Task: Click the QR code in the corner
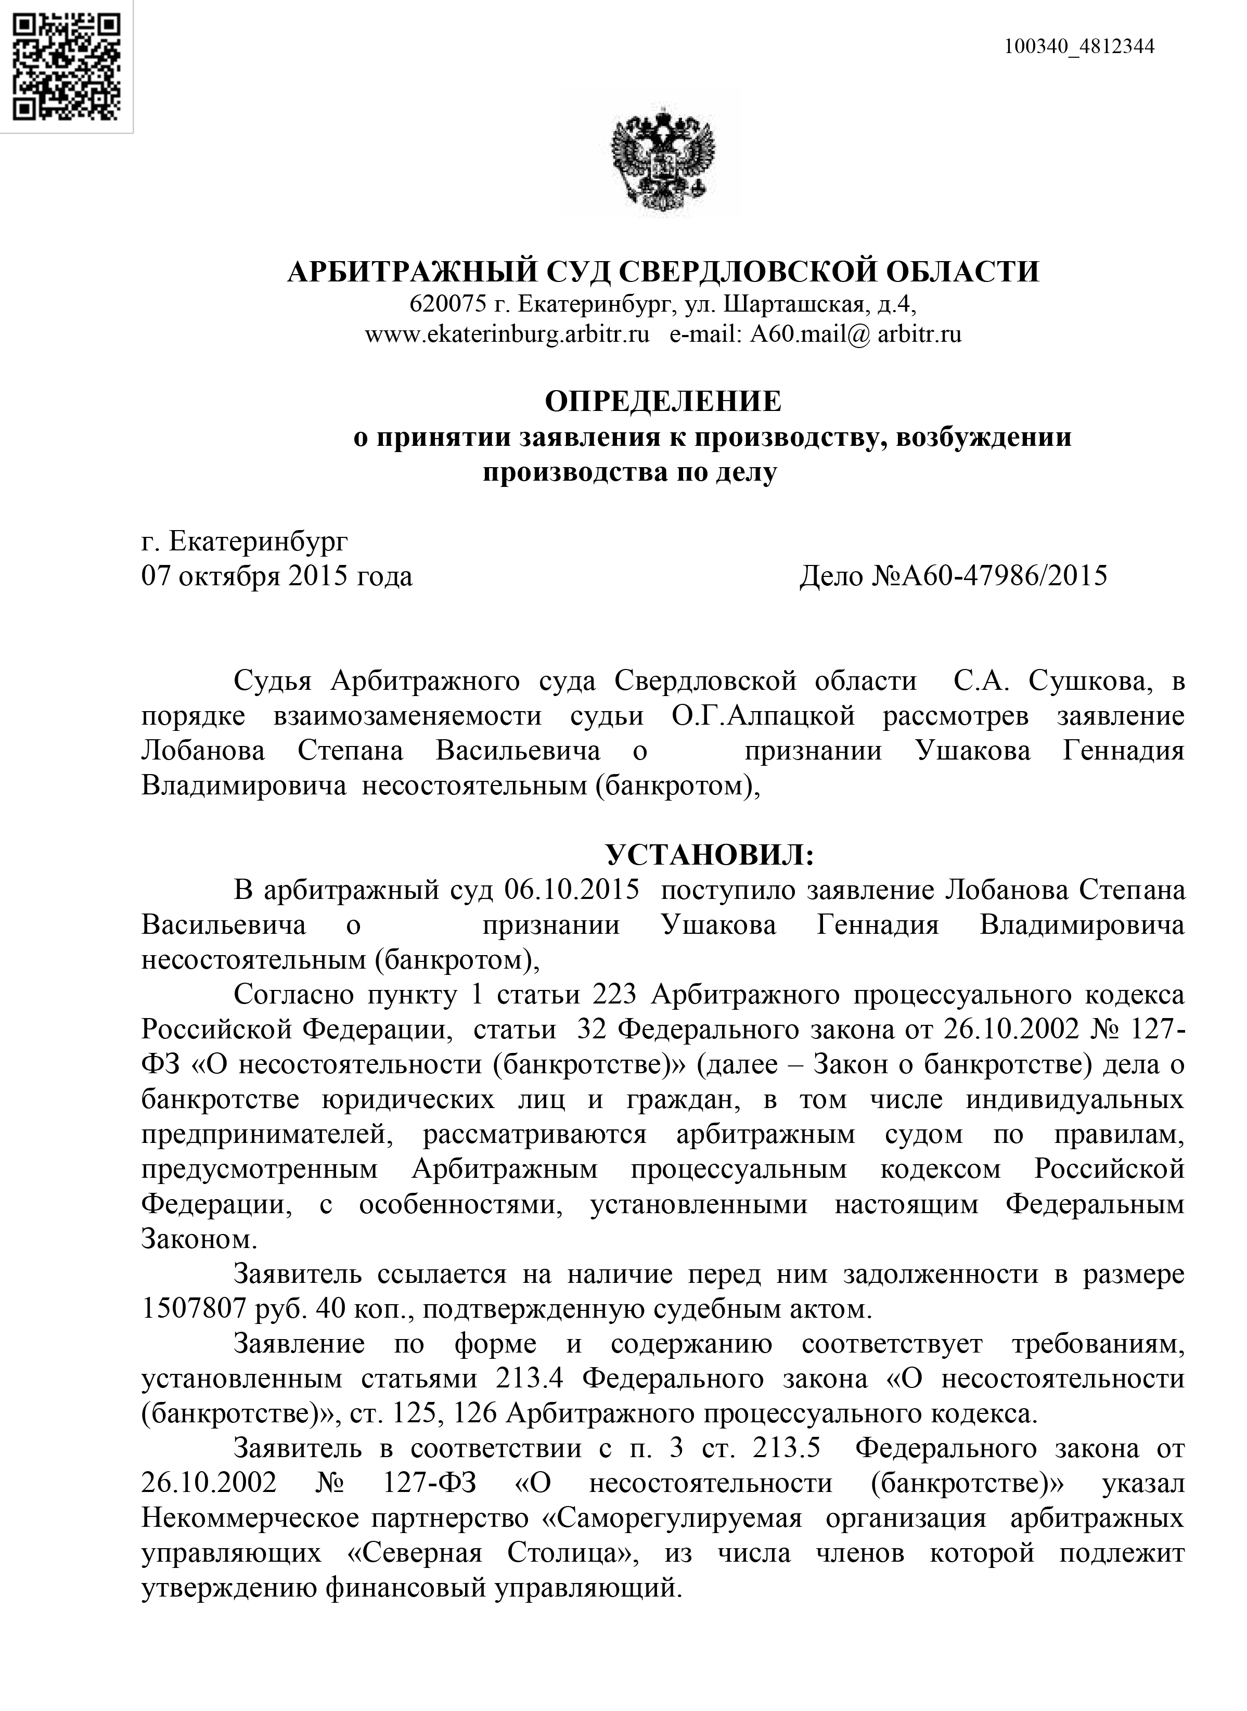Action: [x=67, y=67]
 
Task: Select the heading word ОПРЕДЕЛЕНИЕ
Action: [x=663, y=402]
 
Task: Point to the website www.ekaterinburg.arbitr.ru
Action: [x=507, y=335]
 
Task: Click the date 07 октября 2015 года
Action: [x=277, y=576]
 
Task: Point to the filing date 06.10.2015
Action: [x=571, y=891]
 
